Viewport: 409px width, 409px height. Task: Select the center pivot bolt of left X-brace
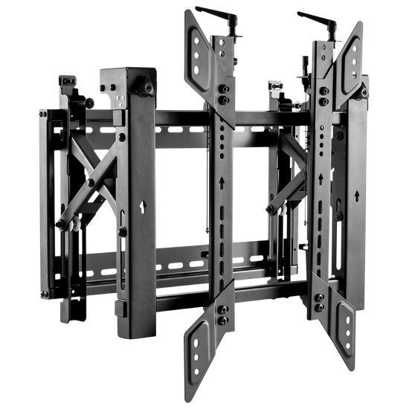(90, 181)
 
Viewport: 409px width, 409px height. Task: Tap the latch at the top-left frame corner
(68, 81)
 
